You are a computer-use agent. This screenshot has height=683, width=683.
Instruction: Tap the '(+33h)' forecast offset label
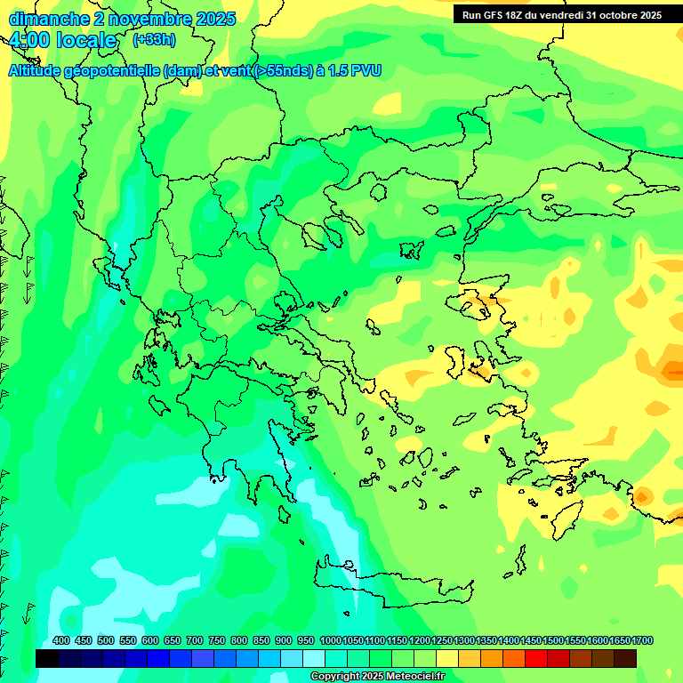click(x=154, y=40)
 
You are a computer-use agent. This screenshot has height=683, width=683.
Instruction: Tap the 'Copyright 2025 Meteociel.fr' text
click(x=377, y=677)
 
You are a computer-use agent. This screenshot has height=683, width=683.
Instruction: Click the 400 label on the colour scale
click(x=61, y=641)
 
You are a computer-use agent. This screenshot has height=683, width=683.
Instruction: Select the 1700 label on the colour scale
click(x=642, y=641)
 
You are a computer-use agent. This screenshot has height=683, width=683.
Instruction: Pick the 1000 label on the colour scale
click(x=330, y=641)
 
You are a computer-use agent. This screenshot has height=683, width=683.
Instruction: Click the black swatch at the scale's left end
click(x=47, y=658)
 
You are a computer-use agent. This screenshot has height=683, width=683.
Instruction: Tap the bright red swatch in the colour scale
click(x=536, y=658)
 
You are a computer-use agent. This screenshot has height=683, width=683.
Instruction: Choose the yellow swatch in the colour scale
click(x=447, y=658)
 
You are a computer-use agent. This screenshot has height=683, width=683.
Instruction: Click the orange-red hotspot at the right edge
click(x=671, y=368)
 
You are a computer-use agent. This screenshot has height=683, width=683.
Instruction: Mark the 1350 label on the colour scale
click(x=486, y=641)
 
